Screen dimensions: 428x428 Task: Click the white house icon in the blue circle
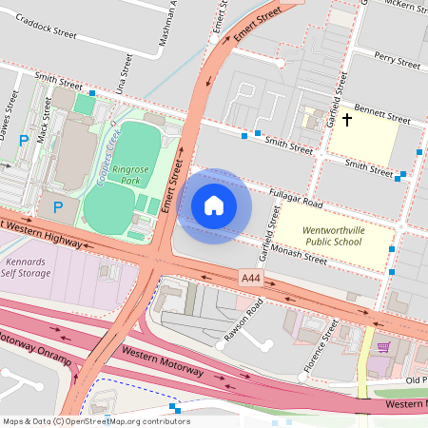click(214, 204)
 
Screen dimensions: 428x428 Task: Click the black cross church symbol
click(347, 120)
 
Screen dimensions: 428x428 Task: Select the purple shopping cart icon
click(383, 347)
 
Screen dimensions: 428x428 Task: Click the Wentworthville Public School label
click(334, 236)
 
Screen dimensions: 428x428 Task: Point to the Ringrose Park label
click(129, 174)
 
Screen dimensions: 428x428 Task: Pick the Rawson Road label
click(249, 321)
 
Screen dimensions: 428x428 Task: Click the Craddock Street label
click(47, 32)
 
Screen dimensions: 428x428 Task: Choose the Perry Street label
click(397, 62)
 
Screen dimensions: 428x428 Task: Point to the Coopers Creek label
click(107, 146)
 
